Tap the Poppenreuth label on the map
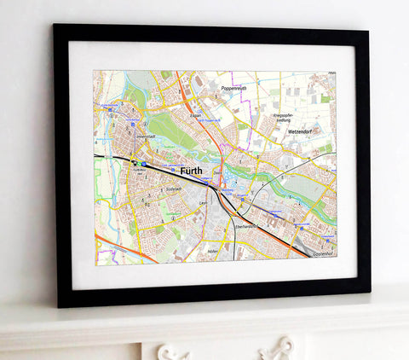point(234,88)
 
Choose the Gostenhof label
point(324,253)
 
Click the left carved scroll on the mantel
point(174,351)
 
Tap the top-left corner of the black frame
point(55,26)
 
